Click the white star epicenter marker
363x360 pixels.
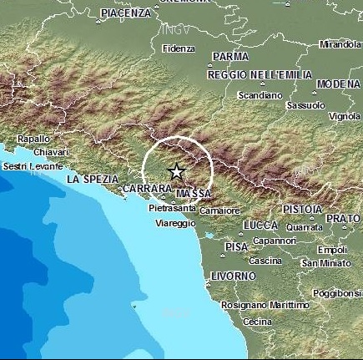[177, 172]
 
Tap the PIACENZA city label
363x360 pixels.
[126, 13]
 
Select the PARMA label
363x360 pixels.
[231, 57]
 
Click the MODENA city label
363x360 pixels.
[339, 84]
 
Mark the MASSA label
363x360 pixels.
[194, 194]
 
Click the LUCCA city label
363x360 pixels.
[260, 226]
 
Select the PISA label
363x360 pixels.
[237, 247]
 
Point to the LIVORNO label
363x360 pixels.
[234, 276]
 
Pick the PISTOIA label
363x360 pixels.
[302, 208]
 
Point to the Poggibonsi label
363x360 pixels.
[337, 293]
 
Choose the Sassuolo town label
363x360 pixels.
[305, 106]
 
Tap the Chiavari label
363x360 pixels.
[52, 152]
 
